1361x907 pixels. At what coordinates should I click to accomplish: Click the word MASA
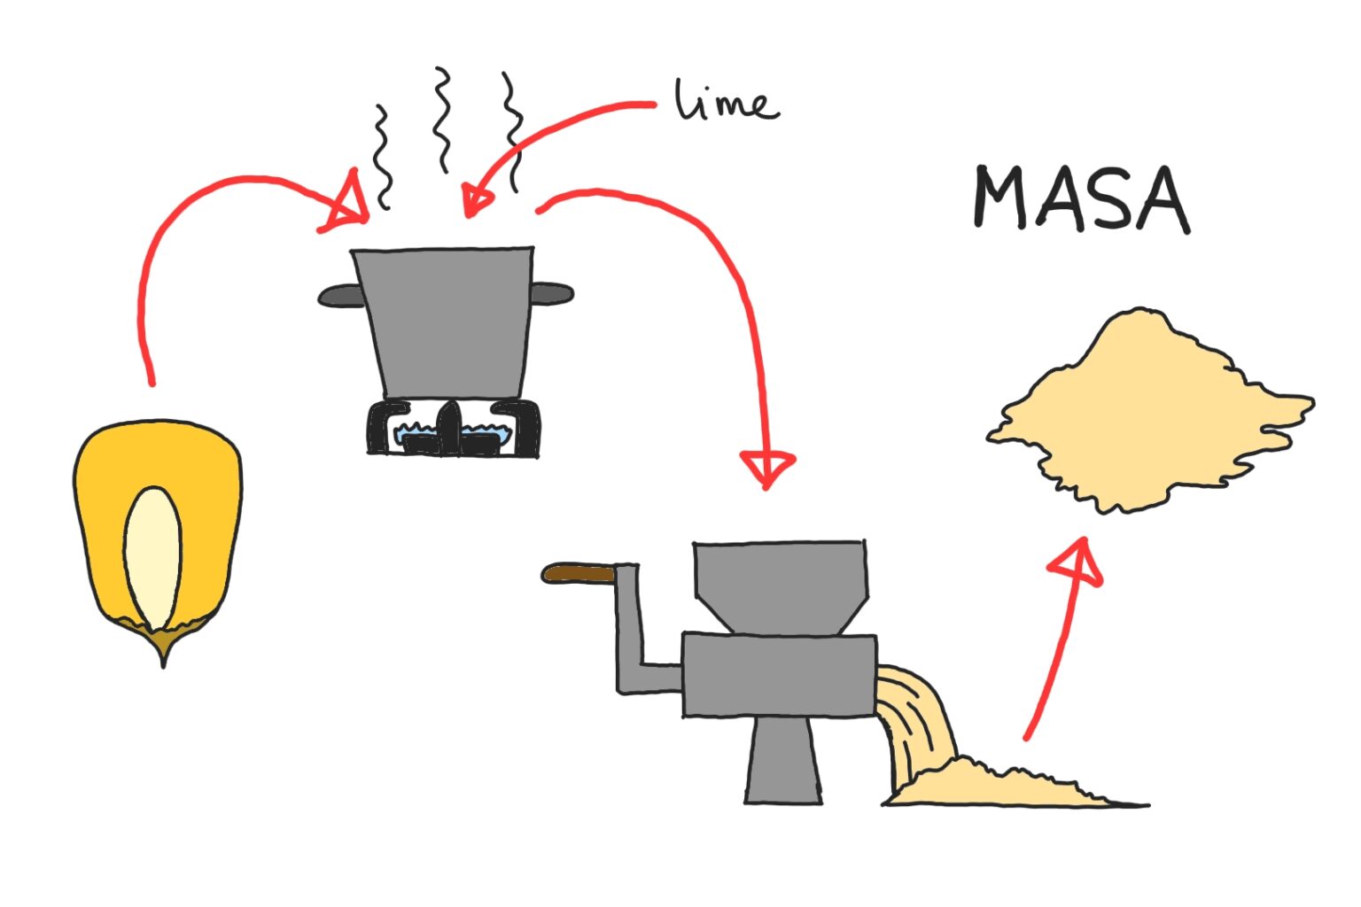click(x=1080, y=198)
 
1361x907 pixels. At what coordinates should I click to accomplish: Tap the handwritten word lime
click(x=727, y=101)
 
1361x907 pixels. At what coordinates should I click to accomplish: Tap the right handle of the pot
click(x=553, y=293)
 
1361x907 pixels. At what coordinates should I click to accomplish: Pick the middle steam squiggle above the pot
click(x=441, y=120)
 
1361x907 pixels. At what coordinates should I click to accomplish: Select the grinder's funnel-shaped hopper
click(x=780, y=585)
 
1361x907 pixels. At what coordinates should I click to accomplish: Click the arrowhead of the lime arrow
click(x=476, y=201)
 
